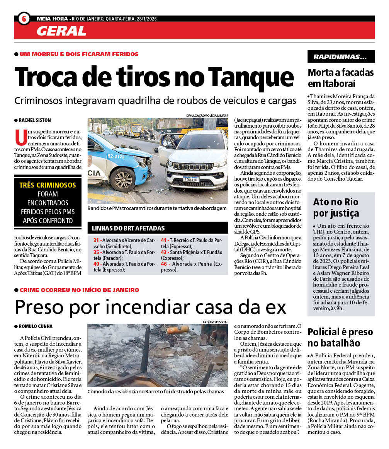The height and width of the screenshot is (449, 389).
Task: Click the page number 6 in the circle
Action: coord(24,18)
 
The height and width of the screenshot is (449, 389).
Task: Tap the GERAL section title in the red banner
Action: coord(61,31)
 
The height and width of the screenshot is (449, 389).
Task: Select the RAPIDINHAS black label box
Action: coord(341,57)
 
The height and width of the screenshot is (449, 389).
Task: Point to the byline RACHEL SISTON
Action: coord(35,120)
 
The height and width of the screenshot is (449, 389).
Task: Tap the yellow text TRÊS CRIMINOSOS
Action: coord(48,185)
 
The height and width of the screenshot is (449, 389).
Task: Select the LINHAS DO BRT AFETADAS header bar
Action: coord(158,228)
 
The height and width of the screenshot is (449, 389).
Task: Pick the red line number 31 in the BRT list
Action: coord(97,240)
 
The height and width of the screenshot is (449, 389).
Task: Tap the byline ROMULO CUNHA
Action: coord(36,326)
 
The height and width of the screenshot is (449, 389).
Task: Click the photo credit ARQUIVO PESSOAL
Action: coord(215,322)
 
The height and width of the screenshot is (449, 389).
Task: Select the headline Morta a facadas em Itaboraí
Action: coord(340,78)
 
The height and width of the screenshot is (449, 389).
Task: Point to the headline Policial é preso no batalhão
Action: coord(340,337)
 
